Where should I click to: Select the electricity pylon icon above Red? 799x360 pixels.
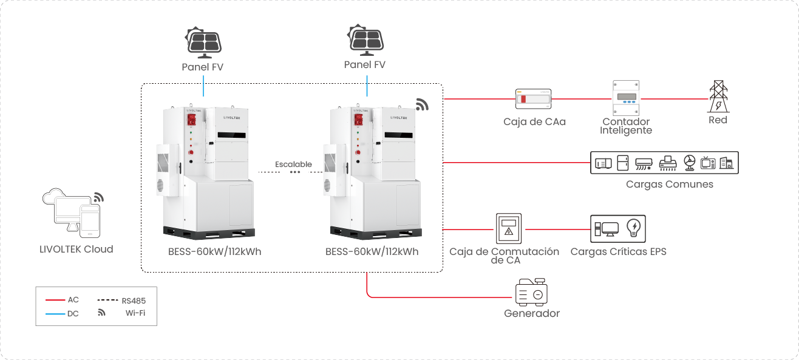coord(718,97)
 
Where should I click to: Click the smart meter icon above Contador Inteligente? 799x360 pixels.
coord(626,98)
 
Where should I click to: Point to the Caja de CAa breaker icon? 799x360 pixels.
coord(534,98)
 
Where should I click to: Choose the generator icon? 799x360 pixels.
coord(531,293)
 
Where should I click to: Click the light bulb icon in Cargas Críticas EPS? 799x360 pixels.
coord(634,228)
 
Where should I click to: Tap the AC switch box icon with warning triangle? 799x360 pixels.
coord(509,229)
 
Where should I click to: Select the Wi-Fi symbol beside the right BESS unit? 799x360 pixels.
coord(423,104)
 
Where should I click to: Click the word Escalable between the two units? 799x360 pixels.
coord(293,164)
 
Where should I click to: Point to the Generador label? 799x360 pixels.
coord(532,314)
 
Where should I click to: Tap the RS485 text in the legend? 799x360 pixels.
coord(134,300)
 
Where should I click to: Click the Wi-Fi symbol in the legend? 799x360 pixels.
coord(101,313)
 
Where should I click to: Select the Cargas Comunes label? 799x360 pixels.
coord(670,184)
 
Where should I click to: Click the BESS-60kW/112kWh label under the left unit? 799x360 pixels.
coord(214,251)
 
